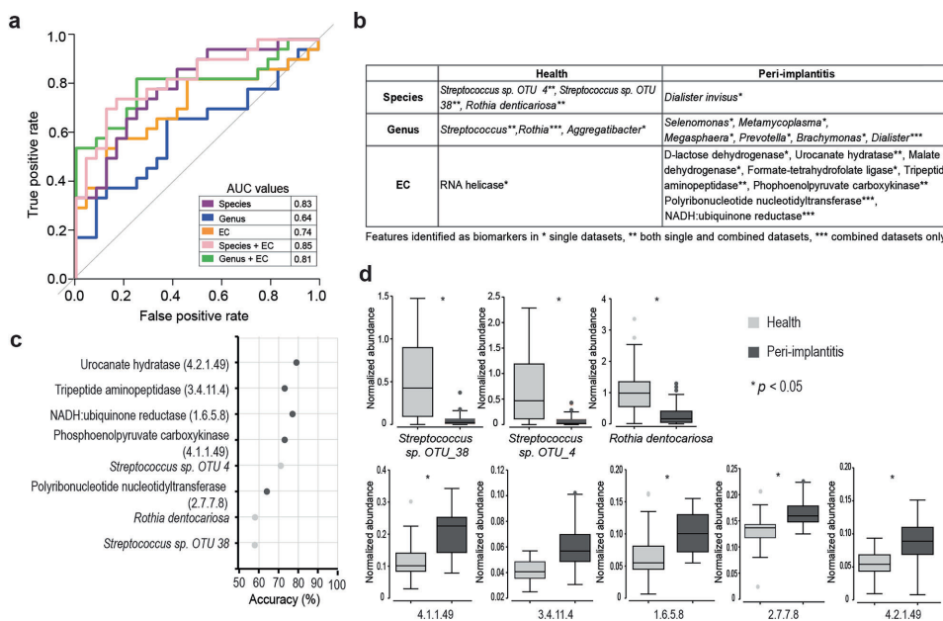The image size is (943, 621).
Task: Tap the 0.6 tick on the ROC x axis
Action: pyautogui.click(x=220, y=295)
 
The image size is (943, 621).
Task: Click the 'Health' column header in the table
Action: pyautogui.click(x=551, y=75)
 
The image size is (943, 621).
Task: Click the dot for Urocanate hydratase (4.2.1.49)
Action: pyautogui.click(x=296, y=363)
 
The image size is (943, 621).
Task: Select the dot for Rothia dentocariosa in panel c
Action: pyautogui.click(x=255, y=516)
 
